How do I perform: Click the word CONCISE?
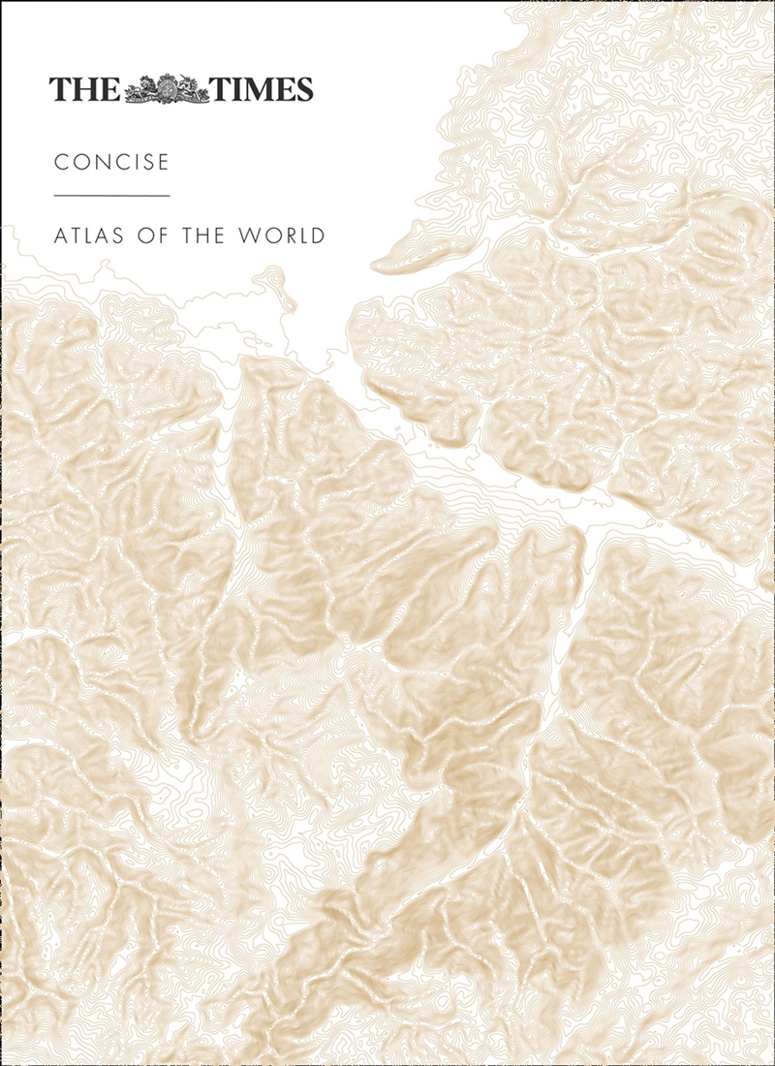pos(111,162)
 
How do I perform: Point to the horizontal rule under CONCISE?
pos(111,196)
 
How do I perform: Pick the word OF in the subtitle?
pos(164,235)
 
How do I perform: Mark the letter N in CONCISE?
pos(102,162)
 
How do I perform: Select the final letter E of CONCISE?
pos(163,162)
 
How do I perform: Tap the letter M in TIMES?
pos(256,90)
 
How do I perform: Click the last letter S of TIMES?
pos(303,90)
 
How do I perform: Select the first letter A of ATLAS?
pos(61,235)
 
